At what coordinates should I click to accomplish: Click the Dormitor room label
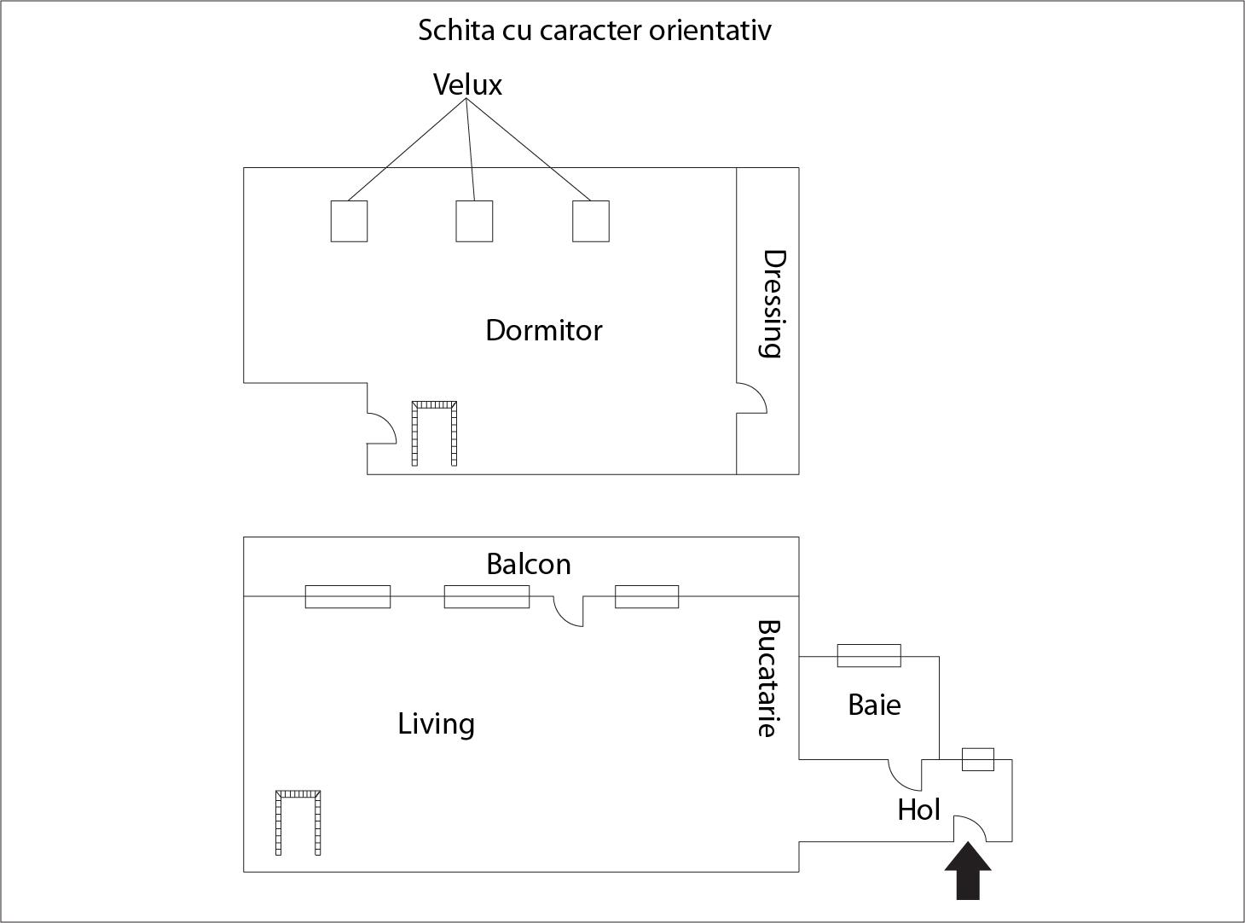[543, 330]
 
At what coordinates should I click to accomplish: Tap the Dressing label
[772, 304]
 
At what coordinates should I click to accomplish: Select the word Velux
[467, 84]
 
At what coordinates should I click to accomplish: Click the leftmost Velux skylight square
[349, 221]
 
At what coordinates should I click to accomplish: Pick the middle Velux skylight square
[474, 221]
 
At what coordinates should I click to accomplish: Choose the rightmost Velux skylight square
[590, 221]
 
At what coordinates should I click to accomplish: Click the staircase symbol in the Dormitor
[434, 432]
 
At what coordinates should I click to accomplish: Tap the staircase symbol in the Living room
[298, 821]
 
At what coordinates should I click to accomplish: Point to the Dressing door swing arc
[753, 398]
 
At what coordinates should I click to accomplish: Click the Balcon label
[529, 564]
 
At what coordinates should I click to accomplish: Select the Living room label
[436, 723]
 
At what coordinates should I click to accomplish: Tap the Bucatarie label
[769, 678]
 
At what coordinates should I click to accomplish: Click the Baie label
[874, 705]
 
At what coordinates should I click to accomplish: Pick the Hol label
[918, 810]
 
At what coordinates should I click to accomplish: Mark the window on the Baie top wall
[869, 655]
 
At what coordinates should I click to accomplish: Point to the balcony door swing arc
[568, 612]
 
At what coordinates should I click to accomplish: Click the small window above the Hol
[978, 759]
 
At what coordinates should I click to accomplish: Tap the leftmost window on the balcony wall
[348, 596]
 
